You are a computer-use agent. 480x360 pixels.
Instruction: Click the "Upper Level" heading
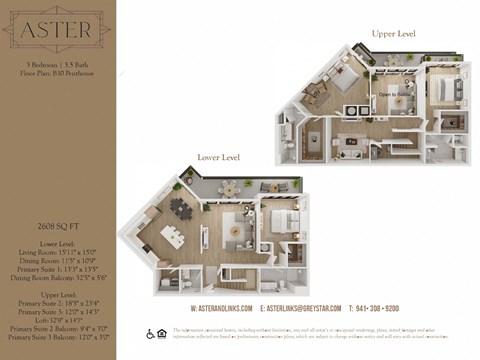(393, 34)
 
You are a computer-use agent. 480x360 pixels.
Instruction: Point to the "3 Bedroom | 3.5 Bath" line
(57, 64)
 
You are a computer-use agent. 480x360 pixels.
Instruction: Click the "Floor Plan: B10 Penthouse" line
(57, 74)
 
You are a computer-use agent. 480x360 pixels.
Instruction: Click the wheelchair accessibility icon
(150, 334)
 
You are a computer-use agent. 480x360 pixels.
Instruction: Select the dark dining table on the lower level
(182, 209)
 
